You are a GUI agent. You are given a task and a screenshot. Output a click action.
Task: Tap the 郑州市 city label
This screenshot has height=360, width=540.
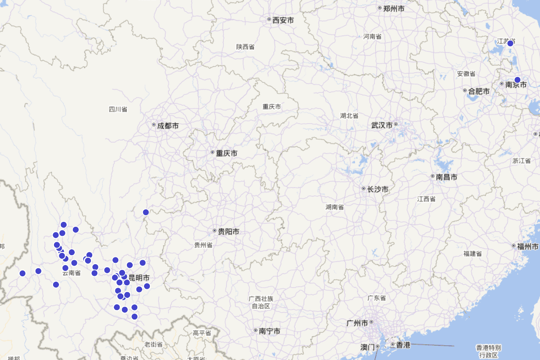coord(394,9)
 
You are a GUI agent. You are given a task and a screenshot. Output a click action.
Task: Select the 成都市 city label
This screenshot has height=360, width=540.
coord(168,126)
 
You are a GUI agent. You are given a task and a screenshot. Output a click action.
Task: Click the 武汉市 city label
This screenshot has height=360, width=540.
coord(382,125)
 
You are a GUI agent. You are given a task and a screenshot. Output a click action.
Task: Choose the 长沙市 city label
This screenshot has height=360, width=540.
coord(378,189)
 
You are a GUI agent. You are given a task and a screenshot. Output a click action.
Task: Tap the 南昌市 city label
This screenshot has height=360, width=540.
coord(446,177)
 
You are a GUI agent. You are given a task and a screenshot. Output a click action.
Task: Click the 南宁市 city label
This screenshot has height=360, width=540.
coord(270,331)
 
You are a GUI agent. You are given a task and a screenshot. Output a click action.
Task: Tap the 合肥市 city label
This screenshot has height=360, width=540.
coord(479,91)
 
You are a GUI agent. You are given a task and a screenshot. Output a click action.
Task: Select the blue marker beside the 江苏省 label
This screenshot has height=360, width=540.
coord(510,43)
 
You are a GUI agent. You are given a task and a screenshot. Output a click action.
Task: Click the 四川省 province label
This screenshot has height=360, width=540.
coord(118,109)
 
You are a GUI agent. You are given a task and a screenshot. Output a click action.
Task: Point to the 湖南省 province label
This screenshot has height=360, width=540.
coord(335,207)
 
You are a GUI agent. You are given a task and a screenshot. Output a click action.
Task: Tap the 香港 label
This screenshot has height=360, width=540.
coord(403,345)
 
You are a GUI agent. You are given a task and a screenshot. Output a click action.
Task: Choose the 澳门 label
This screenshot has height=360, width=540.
coord(368,347)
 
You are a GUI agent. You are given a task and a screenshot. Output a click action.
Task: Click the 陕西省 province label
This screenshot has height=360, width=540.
coord(245,47)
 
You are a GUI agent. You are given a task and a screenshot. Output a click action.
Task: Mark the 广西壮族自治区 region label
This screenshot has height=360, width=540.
coord(261,302)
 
